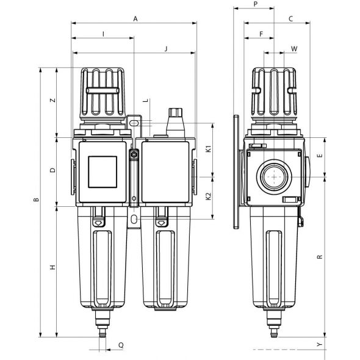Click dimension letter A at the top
(x=135, y=18)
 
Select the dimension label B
(x=37, y=200)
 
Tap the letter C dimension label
(x=290, y=18)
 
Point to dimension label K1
(x=209, y=149)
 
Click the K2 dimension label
(x=209, y=196)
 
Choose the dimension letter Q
(x=121, y=345)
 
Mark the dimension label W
(x=294, y=49)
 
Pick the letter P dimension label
(x=256, y=4)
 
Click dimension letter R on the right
(x=320, y=257)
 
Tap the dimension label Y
(x=320, y=344)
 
